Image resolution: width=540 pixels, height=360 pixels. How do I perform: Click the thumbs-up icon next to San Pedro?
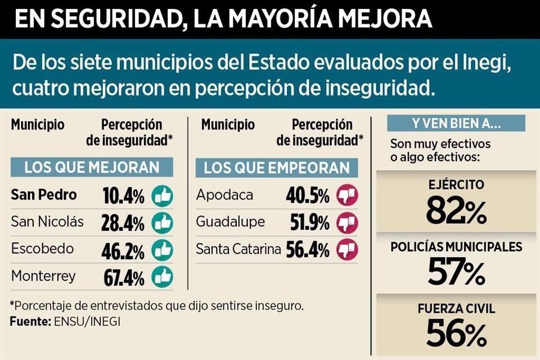point(163,196)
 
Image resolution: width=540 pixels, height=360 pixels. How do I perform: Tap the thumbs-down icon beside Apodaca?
point(347,196)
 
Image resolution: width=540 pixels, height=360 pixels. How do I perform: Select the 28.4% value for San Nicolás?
point(123,223)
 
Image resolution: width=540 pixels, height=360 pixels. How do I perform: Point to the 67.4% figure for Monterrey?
point(123,277)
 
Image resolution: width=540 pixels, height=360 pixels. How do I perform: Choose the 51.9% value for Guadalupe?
point(308,223)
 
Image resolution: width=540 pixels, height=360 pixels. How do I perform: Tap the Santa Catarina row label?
point(238,250)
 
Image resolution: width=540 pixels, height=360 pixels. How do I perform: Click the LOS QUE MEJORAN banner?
point(92,168)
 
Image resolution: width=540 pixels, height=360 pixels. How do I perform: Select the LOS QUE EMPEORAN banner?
point(277,168)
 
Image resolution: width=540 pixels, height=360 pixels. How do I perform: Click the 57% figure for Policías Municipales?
point(456,272)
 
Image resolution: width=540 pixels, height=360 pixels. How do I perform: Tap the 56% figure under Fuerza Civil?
point(456,332)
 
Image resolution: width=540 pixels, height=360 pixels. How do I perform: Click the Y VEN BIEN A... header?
point(456,123)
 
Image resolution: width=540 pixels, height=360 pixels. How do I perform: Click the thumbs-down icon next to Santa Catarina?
point(347,250)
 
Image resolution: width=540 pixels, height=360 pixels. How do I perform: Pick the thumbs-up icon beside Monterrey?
point(163,277)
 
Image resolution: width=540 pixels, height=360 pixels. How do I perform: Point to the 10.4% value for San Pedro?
point(123,196)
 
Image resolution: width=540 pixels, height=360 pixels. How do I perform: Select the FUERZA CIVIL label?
point(456,308)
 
